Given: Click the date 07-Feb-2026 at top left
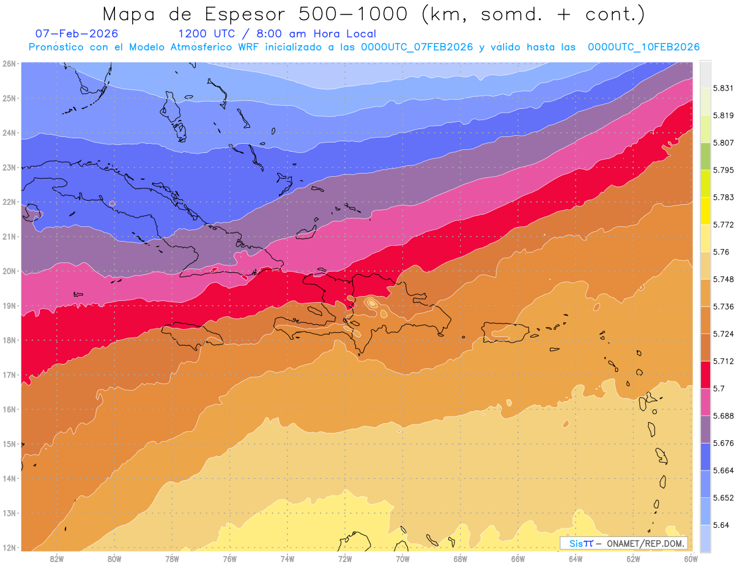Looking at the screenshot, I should [x=77, y=34].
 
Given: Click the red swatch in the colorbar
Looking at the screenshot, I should [x=705, y=374].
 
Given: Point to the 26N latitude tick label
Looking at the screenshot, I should [x=9, y=64].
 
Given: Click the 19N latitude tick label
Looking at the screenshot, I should [x=9, y=306].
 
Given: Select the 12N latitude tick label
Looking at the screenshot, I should [x=9, y=547].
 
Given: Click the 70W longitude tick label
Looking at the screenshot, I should [x=402, y=558].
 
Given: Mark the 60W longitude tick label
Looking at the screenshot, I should [x=691, y=558].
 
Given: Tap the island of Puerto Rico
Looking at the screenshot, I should [x=505, y=332].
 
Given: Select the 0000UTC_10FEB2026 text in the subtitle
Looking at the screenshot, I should [x=643, y=47].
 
